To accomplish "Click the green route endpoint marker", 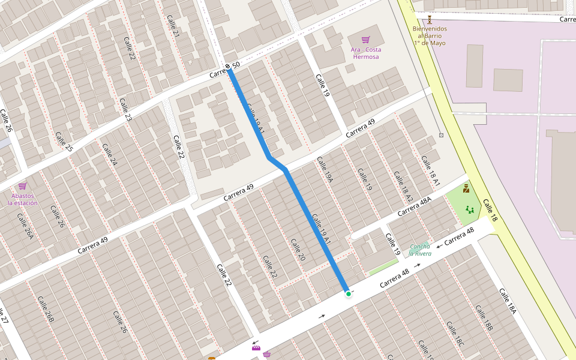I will coord(348,293).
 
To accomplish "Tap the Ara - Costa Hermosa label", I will coord(365,53).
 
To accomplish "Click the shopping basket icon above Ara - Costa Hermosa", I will coord(365,39).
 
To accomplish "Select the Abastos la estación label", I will coord(23,199).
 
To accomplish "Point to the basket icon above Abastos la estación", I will coord(23,186).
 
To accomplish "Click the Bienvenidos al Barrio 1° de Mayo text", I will coord(430,36).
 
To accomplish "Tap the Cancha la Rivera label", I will coord(419,250).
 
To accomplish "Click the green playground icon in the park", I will coord(469,210).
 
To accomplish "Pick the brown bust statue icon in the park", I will coord(466,188).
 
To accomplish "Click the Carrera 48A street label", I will coord(414,206).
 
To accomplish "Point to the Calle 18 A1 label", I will coord(431,170).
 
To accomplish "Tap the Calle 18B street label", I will coord(484,318).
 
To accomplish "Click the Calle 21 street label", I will coord(173,26).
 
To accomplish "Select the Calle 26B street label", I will coord(46,310).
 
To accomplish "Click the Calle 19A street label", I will coord(325,170).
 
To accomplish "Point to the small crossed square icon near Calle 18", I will coord(441,135).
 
